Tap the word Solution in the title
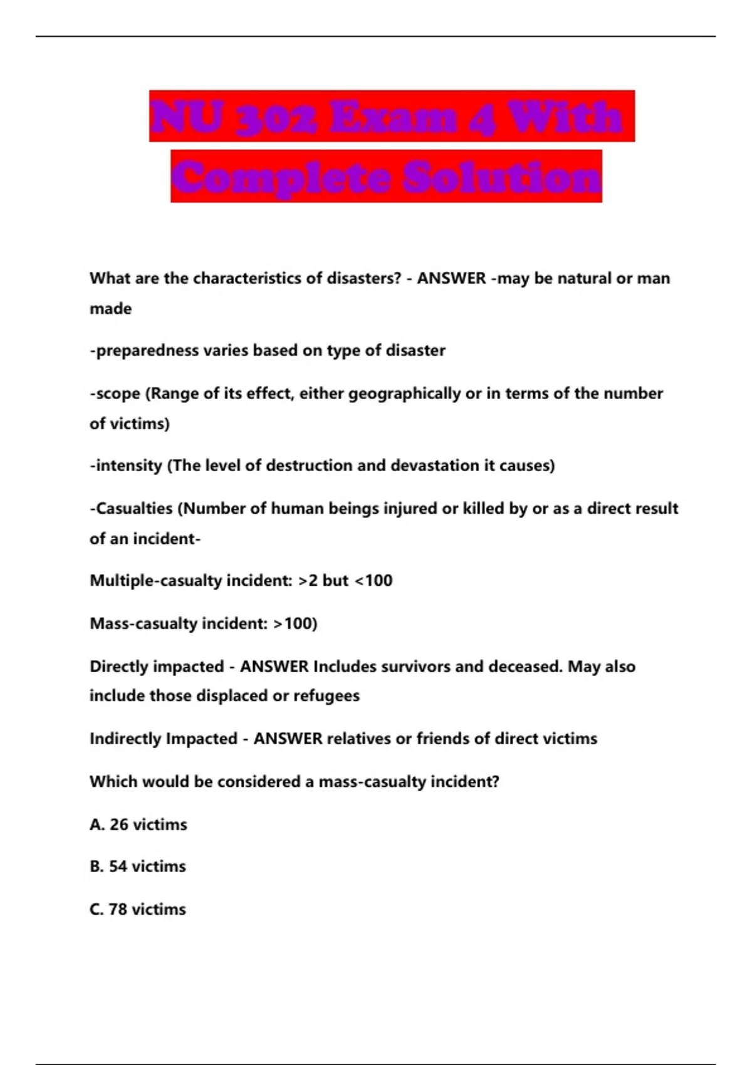(x=501, y=177)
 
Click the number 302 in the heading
(x=276, y=117)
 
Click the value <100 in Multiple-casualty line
(x=373, y=581)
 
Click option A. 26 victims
(x=138, y=824)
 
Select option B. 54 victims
(x=138, y=866)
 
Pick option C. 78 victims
(x=138, y=909)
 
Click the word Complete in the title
(x=281, y=177)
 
